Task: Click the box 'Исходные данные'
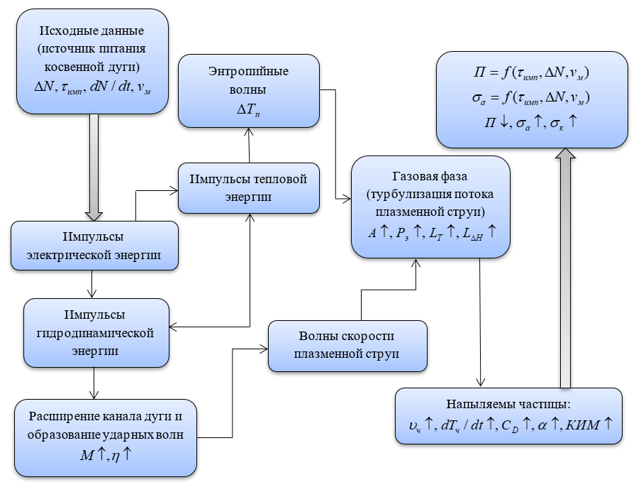tap(91, 61)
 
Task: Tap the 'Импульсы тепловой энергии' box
tap(248, 187)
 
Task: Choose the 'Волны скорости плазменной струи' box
tap(347, 346)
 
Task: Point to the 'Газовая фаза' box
tap(430, 206)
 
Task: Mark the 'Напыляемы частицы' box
tap(508, 416)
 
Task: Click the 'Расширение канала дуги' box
tap(105, 437)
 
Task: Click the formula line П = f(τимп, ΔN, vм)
tap(532, 73)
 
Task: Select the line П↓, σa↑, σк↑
tap(532, 121)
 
